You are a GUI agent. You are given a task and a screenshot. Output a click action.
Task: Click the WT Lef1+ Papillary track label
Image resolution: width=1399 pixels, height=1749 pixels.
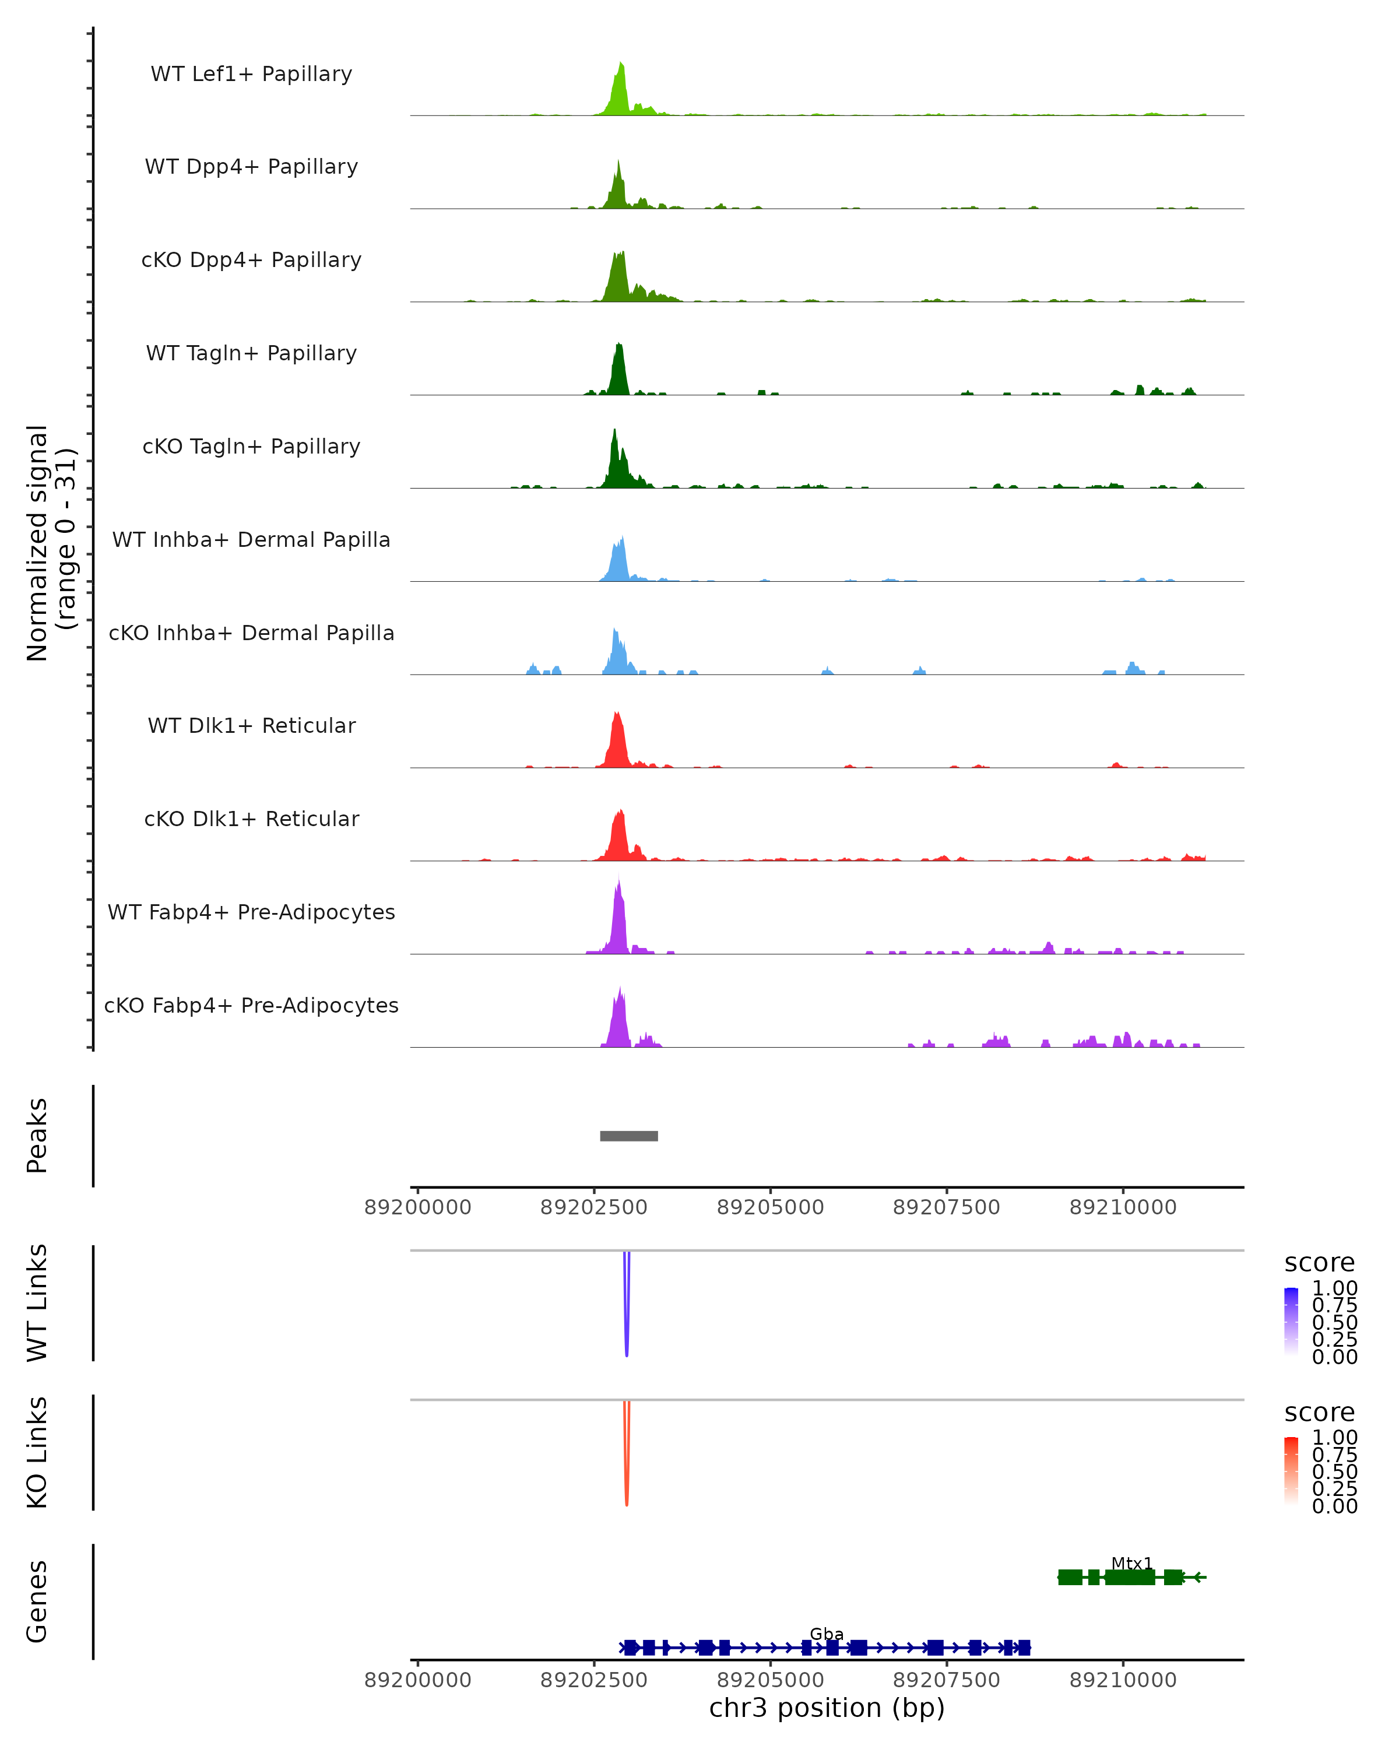pyautogui.click(x=251, y=74)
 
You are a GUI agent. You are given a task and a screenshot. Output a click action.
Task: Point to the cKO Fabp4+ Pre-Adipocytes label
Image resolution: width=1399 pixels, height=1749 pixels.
pyautogui.click(x=251, y=1005)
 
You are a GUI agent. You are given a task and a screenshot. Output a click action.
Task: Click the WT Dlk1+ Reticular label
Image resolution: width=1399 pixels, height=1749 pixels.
pyautogui.click(x=251, y=725)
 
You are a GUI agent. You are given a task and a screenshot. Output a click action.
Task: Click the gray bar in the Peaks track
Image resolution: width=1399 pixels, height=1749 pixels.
pyautogui.click(x=628, y=1136)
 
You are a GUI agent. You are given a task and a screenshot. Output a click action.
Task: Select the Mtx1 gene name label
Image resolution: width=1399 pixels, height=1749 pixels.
pyautogui.click(x=1131, y=1563)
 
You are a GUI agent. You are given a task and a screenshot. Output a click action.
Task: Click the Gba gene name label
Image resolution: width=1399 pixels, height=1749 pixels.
pyautogui.click(x=827, y=1634)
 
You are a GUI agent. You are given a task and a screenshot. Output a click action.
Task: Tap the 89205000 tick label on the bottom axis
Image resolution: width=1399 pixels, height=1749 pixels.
pyautogui.click(x=771, y=1680)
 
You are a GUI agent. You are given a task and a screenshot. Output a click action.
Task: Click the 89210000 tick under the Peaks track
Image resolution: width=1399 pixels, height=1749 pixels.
pyautogui.click(x=1123, y=1207)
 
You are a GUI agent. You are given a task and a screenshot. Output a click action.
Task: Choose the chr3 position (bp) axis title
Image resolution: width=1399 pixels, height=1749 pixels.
pyautogui.click(x=827, y=1708)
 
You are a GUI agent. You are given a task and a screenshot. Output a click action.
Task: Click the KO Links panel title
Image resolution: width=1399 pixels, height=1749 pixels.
pyautogui.click(x=37, y=1452)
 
